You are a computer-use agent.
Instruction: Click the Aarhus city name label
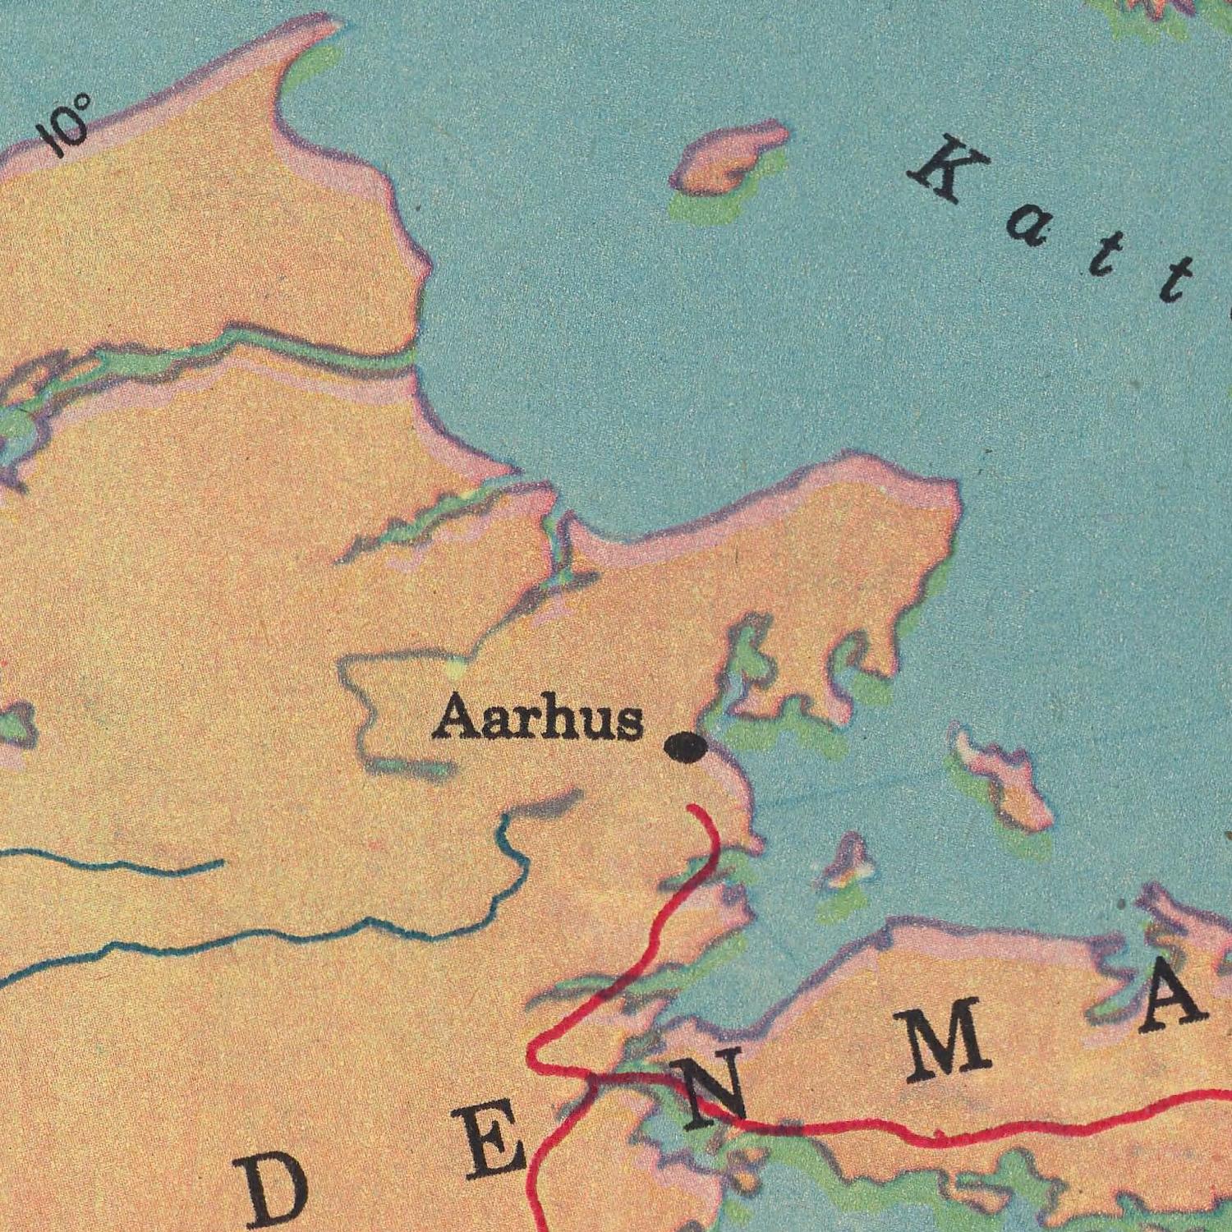tap(538, 719)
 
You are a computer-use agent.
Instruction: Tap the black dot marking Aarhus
tap(686, 747)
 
